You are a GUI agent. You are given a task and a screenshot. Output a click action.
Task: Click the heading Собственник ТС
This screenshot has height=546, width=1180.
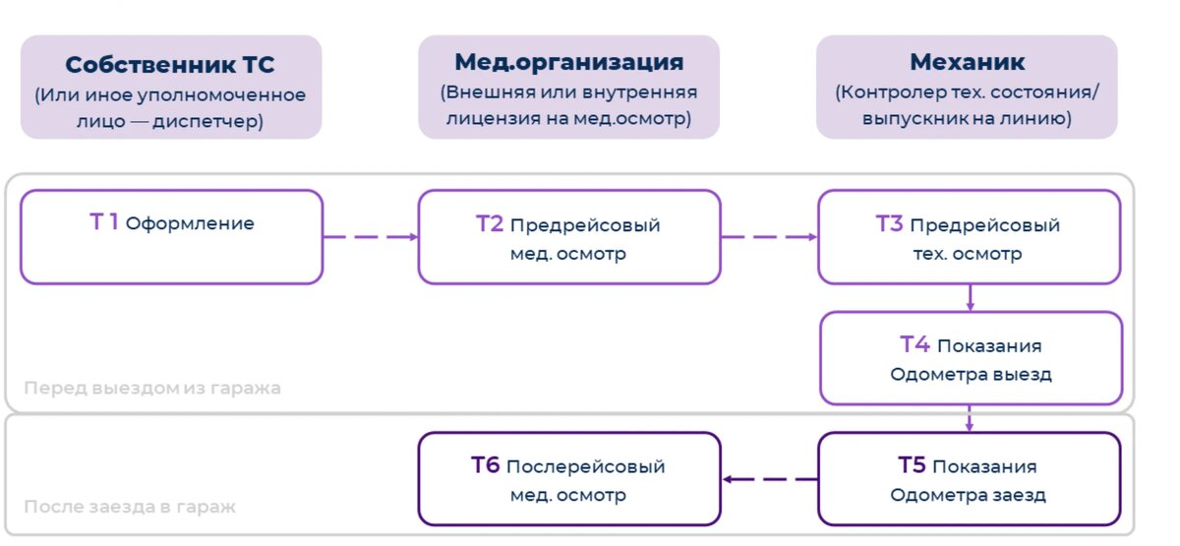pos(170,65)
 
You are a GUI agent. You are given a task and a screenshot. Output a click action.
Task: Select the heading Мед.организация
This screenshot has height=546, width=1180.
pos(568,62)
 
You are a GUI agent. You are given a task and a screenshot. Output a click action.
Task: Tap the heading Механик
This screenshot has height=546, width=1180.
pos(967,62)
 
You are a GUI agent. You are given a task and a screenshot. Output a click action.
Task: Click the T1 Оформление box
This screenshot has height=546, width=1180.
pos(171,237)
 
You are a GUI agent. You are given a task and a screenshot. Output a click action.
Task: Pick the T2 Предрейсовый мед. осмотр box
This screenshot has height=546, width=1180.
pos(569,237)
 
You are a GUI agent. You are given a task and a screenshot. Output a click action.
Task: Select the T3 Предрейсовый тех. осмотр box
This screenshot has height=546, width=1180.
pos(969,237)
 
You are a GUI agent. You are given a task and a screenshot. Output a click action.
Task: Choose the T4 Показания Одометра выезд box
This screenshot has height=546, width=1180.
pos(971,359)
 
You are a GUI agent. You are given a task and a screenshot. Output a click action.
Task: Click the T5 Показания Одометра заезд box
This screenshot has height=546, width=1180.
pos(969,479)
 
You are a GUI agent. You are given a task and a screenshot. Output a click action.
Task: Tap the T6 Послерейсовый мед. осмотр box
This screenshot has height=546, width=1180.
pos(568,479)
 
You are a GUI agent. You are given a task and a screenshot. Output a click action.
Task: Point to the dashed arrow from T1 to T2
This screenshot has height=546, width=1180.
pos(371,237)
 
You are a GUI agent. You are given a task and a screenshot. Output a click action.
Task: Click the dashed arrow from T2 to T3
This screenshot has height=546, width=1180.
pos(769,237)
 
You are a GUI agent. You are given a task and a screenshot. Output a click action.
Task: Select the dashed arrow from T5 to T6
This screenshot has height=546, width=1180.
pos(771,479)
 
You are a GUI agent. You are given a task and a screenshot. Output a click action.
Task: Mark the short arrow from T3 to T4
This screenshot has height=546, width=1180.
pos(970,298)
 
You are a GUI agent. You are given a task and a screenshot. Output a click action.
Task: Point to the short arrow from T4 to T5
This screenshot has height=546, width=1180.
pos(970,419)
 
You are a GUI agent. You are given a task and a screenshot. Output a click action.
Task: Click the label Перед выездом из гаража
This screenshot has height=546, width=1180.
pos(152,388)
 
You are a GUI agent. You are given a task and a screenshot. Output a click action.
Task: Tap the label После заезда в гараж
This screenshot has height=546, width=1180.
pos(130,508)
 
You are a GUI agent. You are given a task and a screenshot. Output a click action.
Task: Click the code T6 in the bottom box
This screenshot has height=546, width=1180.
pos(486,465)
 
